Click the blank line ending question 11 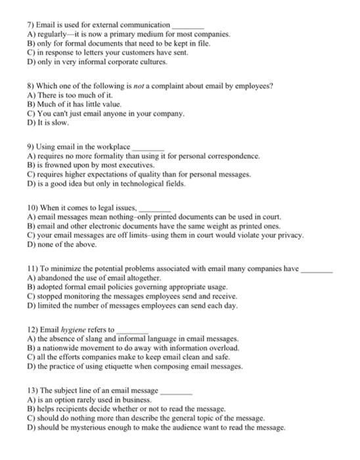tap(317, 269)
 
